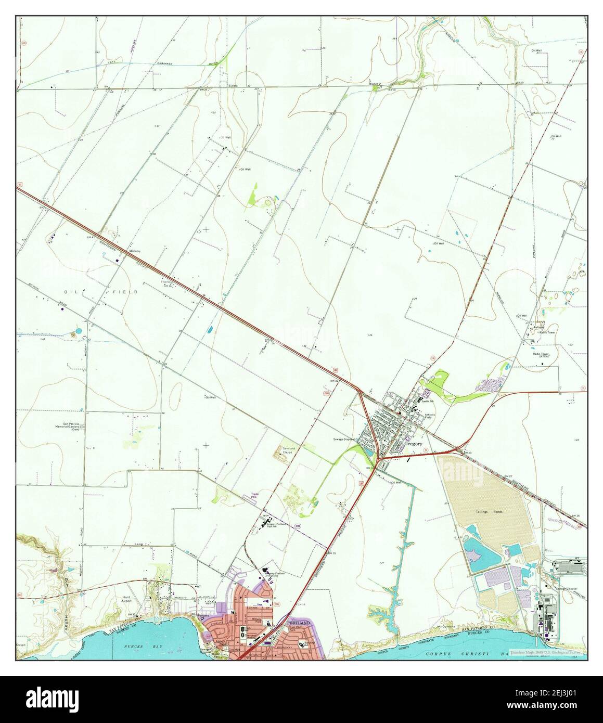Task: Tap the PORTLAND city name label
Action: click(x=298, y=623)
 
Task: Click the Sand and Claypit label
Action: click(x=288, y=450)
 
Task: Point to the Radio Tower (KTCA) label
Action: click(x=541, y=355)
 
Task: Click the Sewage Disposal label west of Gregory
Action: click(x=343, y=439)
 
